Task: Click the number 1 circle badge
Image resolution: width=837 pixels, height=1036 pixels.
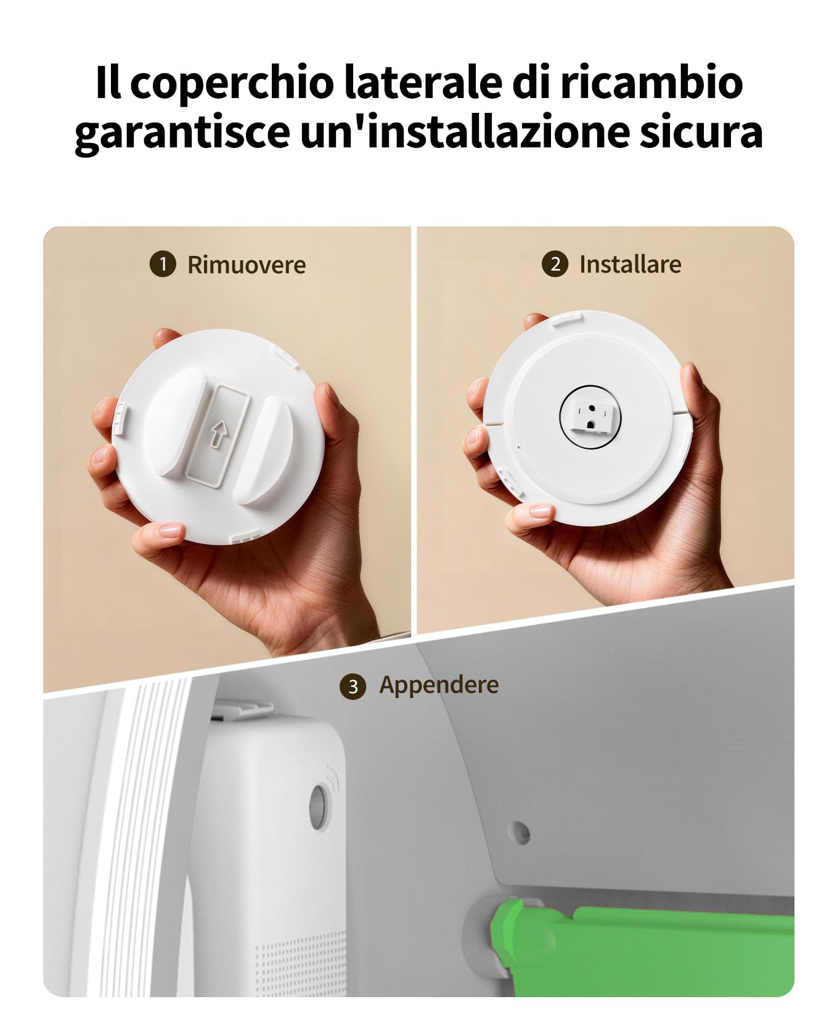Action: (163, 265)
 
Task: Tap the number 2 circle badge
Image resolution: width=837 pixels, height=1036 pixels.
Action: (555, 265)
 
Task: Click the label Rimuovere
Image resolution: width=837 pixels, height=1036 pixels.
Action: (247, 265)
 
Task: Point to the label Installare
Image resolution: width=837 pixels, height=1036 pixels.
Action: (630, 265)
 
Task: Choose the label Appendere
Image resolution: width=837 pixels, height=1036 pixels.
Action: (439, 684)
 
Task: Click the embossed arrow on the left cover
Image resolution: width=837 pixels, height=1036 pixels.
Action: (215, 433)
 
